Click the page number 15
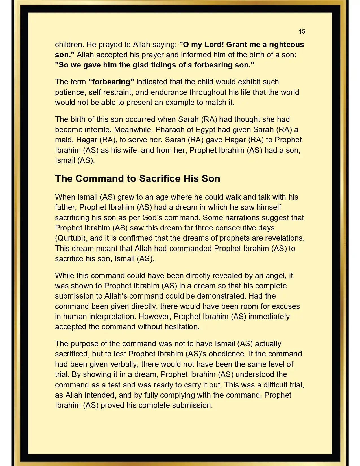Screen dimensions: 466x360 (x=302, y=31)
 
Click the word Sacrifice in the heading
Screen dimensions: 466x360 (x=160, y=178)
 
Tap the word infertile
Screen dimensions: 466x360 (x=97, y=130)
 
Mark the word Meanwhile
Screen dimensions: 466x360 (x=134, y=130)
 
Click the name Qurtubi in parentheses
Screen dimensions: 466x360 (x=71, y=238)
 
